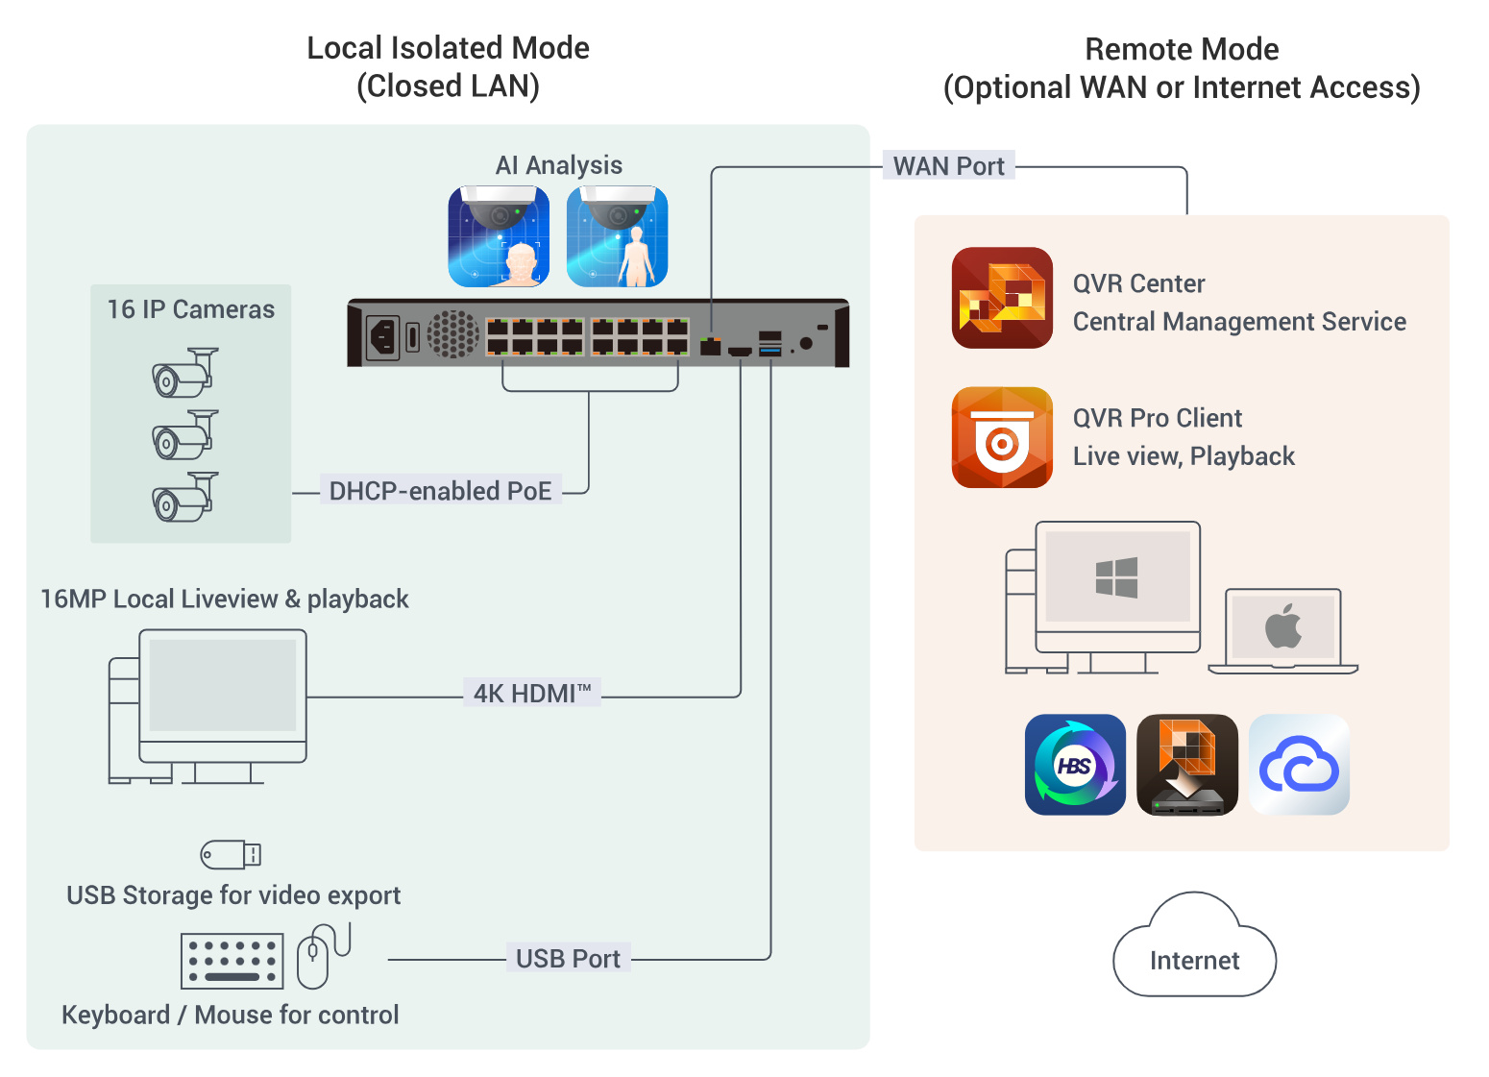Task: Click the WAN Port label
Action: click(x=948, y=166)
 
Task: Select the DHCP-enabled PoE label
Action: click(x=440, y=491)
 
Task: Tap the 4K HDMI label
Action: click(x=531, y=693)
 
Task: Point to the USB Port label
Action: click(x=568, y=959)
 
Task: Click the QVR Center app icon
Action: click(x=1002, y=298)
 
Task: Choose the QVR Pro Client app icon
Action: click(x=1002, y=438)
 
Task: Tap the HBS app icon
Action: click(x=1075, y=765)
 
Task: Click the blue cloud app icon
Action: click(x=1299, y=765)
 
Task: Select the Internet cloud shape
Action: click(x=1194, y=951)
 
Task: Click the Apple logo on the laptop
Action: click(x=1283, y=627)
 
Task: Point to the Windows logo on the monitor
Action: click(x=1116, y=577)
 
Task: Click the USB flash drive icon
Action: click(x=231, y=854)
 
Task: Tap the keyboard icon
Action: click(x=232, y=961)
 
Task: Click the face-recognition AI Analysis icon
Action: click(x=499, y=236)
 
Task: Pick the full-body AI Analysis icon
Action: click(x=617, y=236)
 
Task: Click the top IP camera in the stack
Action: click(x=185, y=374)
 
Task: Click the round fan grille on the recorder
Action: click(x=452, y=334)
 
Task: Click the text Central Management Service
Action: click(x=1239, y=322)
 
